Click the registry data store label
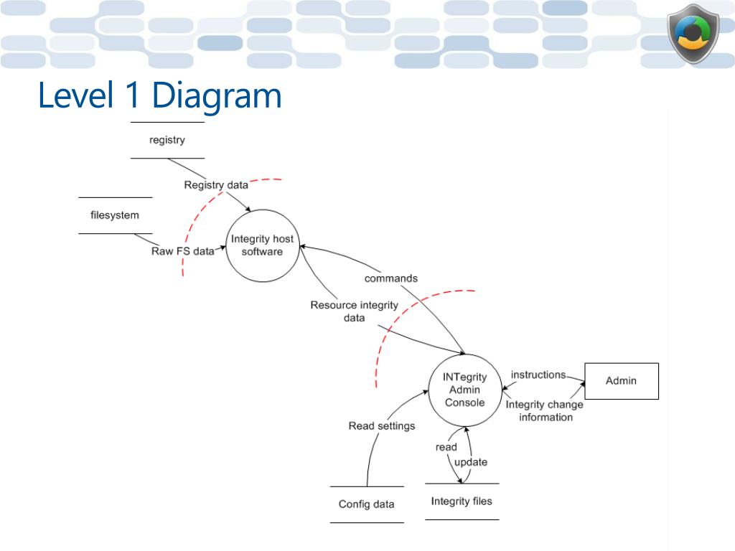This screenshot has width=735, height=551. tap(167, 140)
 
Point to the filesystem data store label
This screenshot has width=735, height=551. tap(115, 215)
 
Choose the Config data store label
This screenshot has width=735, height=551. tap(367, 504)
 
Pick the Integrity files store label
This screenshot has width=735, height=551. tap(462, 501)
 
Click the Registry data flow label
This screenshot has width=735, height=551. tap(216, 185)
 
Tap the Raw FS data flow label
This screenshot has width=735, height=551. tap(183, 251)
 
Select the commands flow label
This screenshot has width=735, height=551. tap(391, 278)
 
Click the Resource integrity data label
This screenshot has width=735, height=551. tap(355, 311)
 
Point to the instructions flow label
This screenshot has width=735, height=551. tap(538, 375)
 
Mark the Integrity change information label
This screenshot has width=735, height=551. tap(545, 410)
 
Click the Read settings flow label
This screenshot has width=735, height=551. tap(382, 426)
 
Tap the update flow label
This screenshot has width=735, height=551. tap(471, 463)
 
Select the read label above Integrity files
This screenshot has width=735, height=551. tap(446, 448)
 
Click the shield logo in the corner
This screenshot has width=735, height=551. tap(693, 34)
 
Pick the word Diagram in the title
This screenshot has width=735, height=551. tap(217, 96)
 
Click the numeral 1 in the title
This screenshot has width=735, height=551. tap(133, 94)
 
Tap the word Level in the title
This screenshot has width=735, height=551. tap(76, 94)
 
